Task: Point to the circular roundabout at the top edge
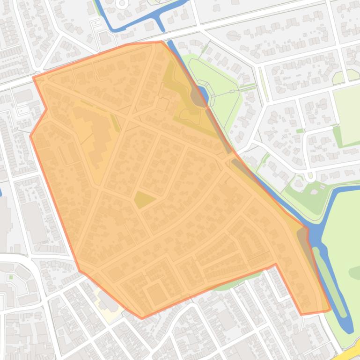123,4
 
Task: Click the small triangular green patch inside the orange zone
145,200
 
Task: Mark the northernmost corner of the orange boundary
161,42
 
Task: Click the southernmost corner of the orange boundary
142,318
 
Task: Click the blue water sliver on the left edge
1,192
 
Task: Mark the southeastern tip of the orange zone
330,310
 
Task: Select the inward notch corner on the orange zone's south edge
275,264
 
